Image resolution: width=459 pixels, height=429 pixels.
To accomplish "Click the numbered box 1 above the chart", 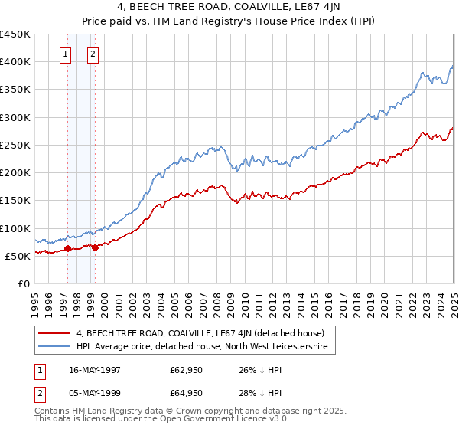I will [x=65, y=54].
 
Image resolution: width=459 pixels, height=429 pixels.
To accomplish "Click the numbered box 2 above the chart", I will [x=93, y=54].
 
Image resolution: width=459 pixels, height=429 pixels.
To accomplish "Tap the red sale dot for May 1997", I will [x=67, y=248].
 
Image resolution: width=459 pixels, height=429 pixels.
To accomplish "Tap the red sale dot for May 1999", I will [x=95, y=247].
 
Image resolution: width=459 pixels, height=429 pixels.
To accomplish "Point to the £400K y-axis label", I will [x=15, y=62].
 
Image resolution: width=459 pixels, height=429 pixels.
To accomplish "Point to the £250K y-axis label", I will [x=15, y=145].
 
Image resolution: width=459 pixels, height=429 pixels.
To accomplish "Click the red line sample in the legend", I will [x=54, y=333].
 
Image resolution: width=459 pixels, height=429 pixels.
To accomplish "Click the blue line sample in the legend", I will [x=54, y=347].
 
